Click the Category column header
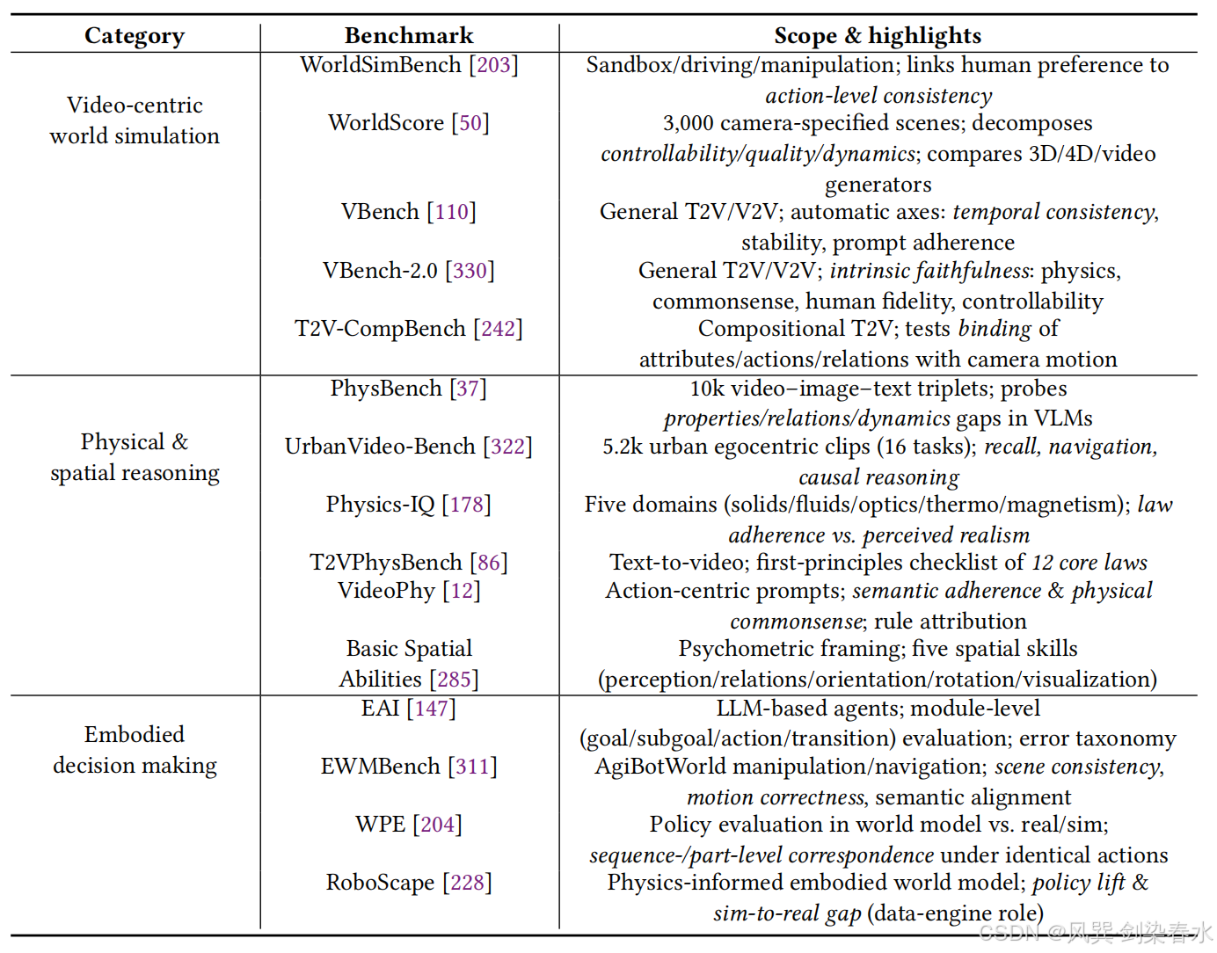coord(135,36)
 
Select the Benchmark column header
coord(409,36)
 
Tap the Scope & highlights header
coord(878,36)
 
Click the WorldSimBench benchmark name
coord(380,65)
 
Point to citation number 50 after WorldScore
coord(470,123)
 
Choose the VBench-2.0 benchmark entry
coord(380,271)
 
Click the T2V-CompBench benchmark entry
coord(380,329)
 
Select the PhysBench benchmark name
coord(386,389)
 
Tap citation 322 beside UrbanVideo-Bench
coord(507,447)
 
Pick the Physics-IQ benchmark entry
coord(380,505)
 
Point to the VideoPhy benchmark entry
coord(386,591)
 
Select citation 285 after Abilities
coord(454,680)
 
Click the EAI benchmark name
coord(380,709)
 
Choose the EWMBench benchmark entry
coord(380,767)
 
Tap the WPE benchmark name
coord(380,825)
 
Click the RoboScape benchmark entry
coord(380,883)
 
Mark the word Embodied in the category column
coord(135,735)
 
